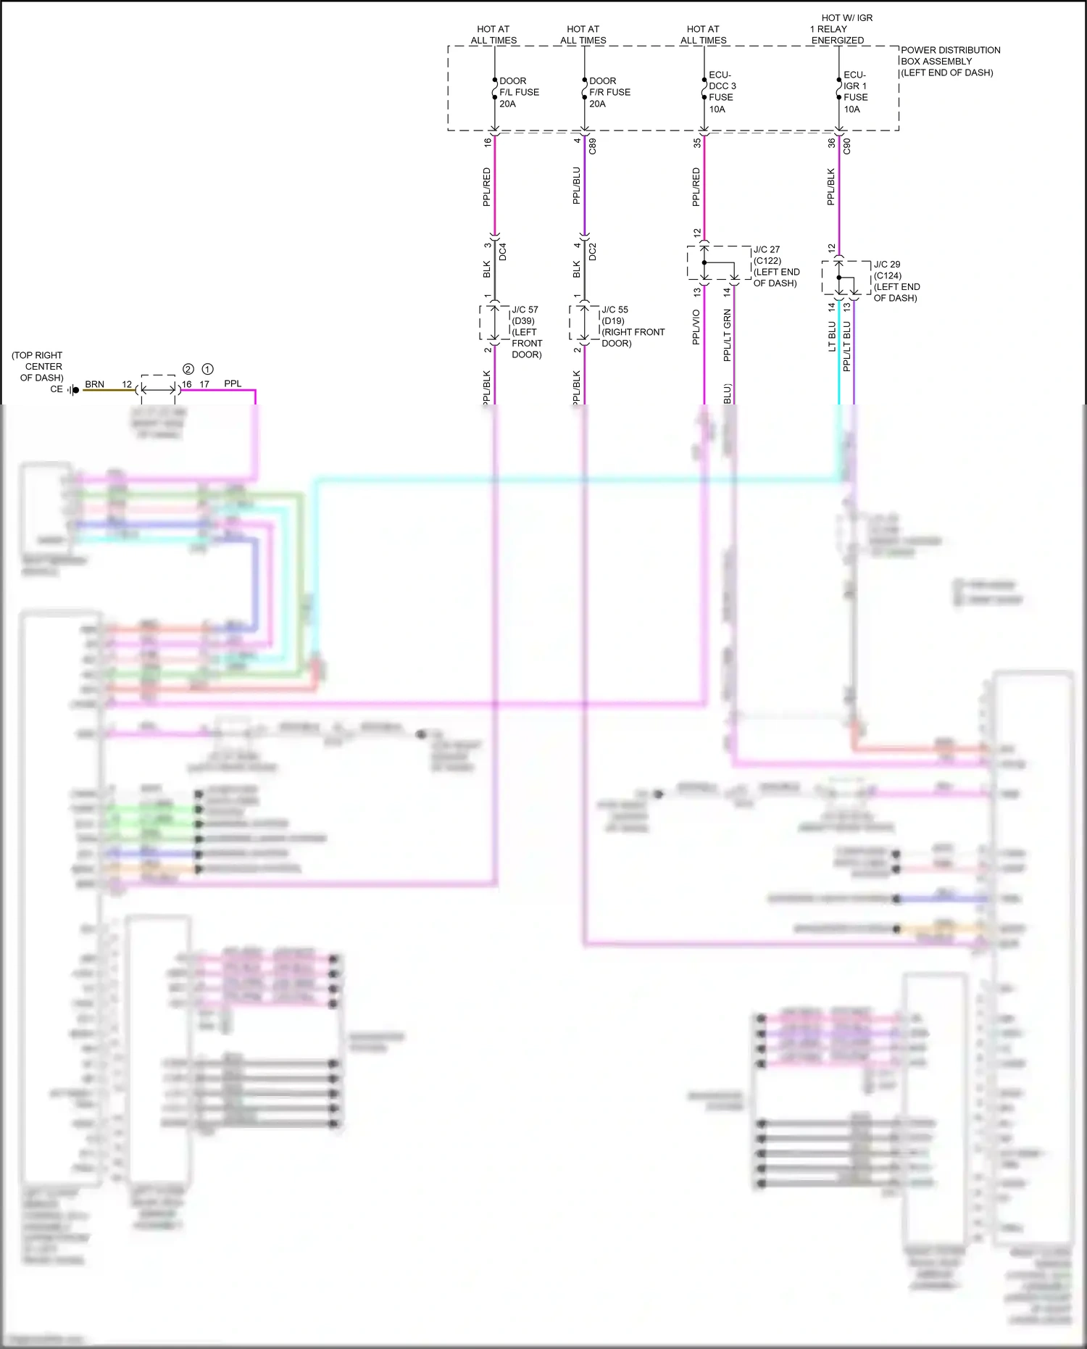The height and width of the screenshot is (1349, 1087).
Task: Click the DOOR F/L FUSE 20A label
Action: pyautogui.click(x=518, y=92)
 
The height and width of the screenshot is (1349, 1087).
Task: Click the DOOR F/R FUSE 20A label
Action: pyautogui.click(x=609, y=92)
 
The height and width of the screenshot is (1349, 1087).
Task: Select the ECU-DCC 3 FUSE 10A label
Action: pyautogui.click(x=722, y=92)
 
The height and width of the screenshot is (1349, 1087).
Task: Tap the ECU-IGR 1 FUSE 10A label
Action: pyautogui.click(x=855, y=92)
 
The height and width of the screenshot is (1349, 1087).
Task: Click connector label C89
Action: pyautogui.click(x=593, y=146)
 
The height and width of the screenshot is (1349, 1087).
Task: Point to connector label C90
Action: pyautogui.click(x=847, y=146)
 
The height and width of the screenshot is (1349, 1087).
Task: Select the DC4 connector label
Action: pyautogui.click(x=503, y=252)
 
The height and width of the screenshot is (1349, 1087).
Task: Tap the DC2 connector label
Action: pyautogui.click(x=593, y=252)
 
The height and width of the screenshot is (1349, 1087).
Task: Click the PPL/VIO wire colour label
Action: pyautogui.click(x=696, y=327)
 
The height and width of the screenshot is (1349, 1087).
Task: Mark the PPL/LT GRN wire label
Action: pyautogui.click(x=727, y=335)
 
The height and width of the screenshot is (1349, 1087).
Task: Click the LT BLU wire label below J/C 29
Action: pyautogui.click(x=832, y=336)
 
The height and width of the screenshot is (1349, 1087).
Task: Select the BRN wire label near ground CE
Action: pyautogui.click(x=94, y=384)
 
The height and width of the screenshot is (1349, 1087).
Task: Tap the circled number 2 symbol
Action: pyautogui.click(x=188, y=369)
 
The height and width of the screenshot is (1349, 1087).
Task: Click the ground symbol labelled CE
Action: pyautogui.click(x=74, y=390)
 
